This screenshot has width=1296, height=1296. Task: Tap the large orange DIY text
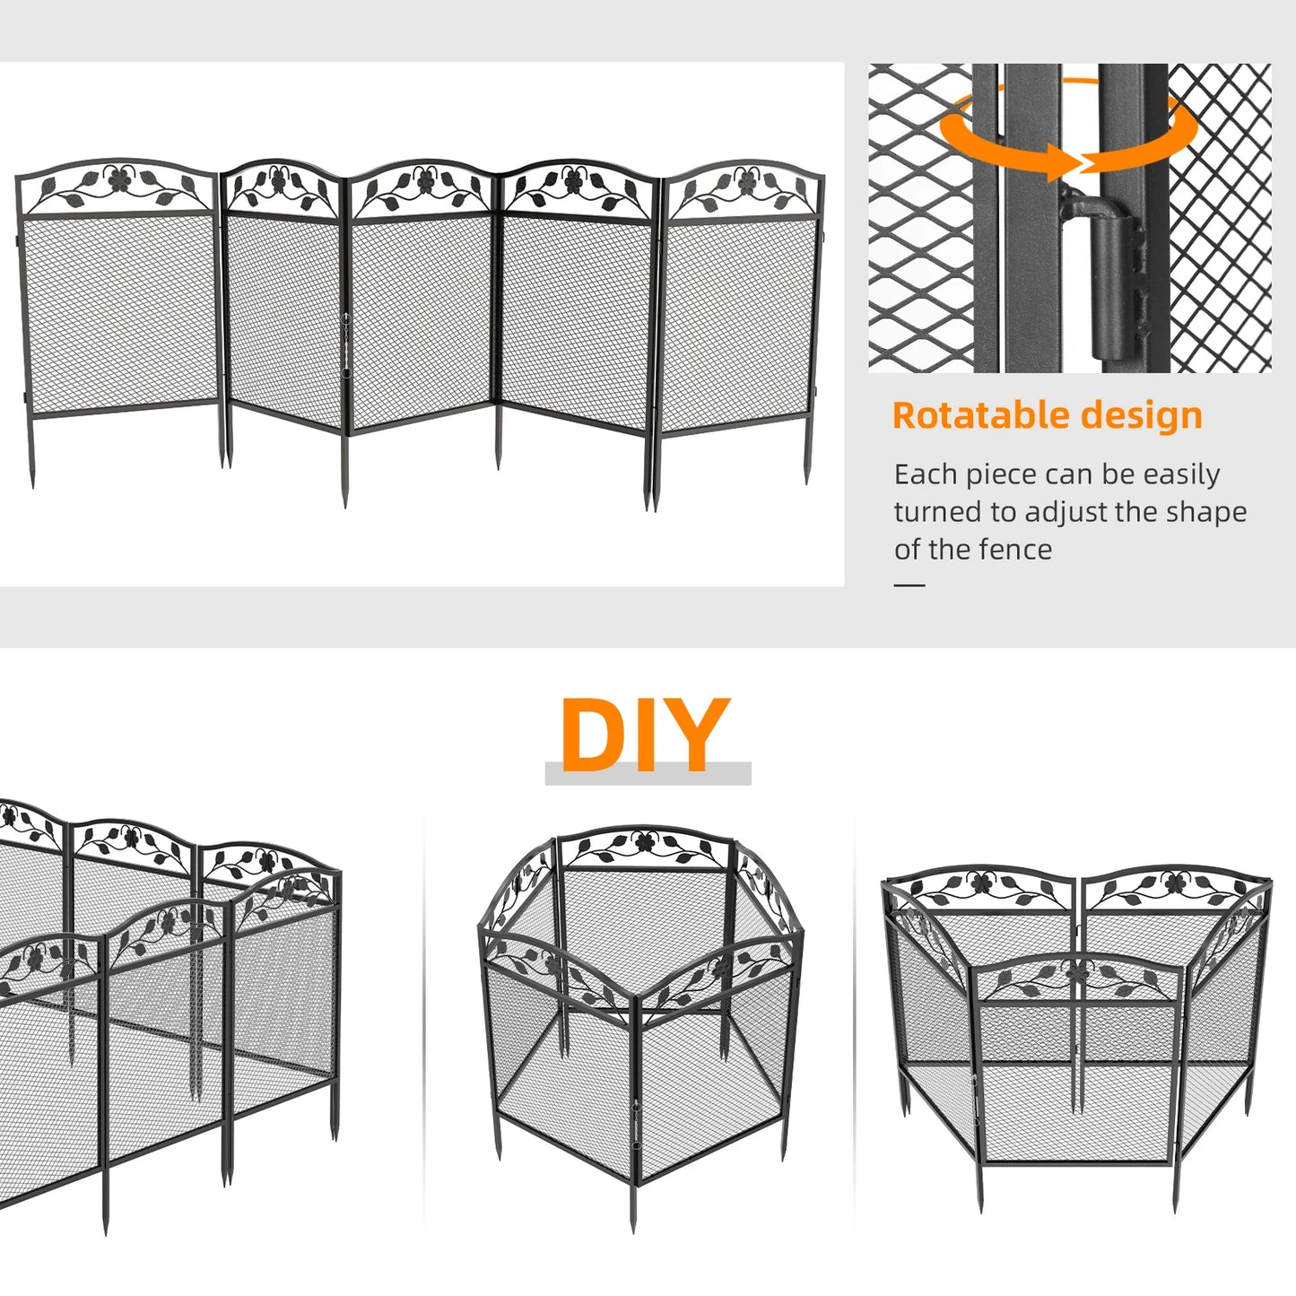pyautogui.click(x=644, y=735)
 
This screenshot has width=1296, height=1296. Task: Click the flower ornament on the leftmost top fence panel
pyautogui.click(x=118, y=179)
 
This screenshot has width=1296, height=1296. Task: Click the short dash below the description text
pyautogui.click(x=909, y=585)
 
